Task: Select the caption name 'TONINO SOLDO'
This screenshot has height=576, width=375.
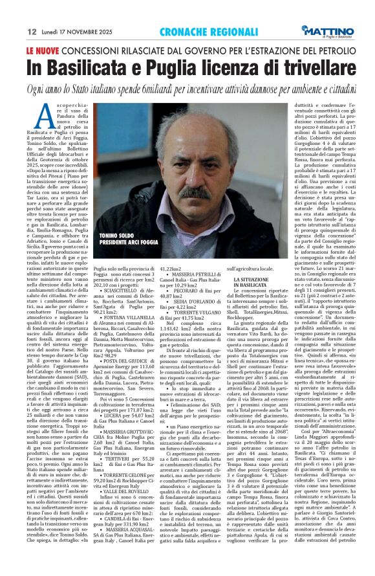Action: [121, 236]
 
